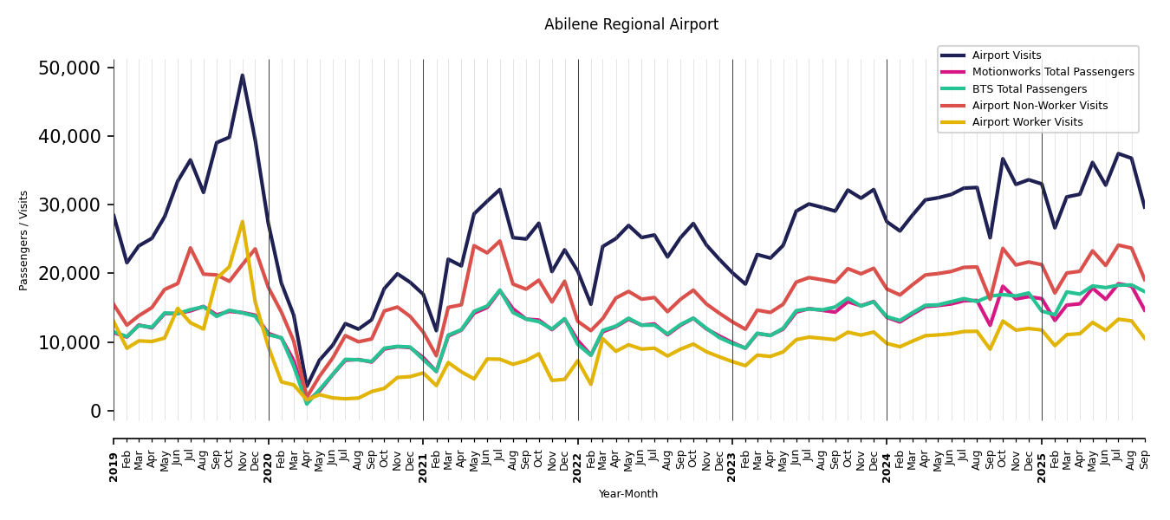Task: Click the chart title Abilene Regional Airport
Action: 631,24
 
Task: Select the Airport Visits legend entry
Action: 1006,55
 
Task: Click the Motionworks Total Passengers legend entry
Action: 1052,72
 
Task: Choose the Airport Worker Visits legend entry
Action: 1027,122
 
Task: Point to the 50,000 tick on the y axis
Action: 75,68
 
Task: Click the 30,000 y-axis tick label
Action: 75,205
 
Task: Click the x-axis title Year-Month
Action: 628,494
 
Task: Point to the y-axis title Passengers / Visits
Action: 24,240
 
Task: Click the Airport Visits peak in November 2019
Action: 243,75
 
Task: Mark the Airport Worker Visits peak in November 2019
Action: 243,222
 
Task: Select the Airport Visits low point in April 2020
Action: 307,386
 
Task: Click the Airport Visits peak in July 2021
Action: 500,190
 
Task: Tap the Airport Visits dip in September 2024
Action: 990,237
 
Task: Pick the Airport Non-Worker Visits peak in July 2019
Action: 191,248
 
